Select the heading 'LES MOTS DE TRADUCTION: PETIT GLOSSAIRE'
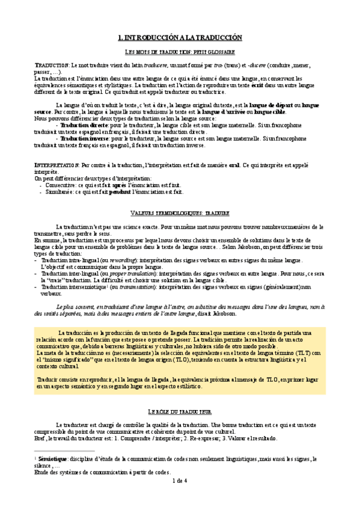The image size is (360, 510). pyautogui.click(x=180, y=52)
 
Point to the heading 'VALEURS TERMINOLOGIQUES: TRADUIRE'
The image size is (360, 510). pyautogui.click(x=180, y=213)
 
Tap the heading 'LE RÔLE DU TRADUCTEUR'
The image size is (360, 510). pyautogui.click(x=180, y=411)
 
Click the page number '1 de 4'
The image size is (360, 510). pyautogui.click(x=180, y=481)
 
